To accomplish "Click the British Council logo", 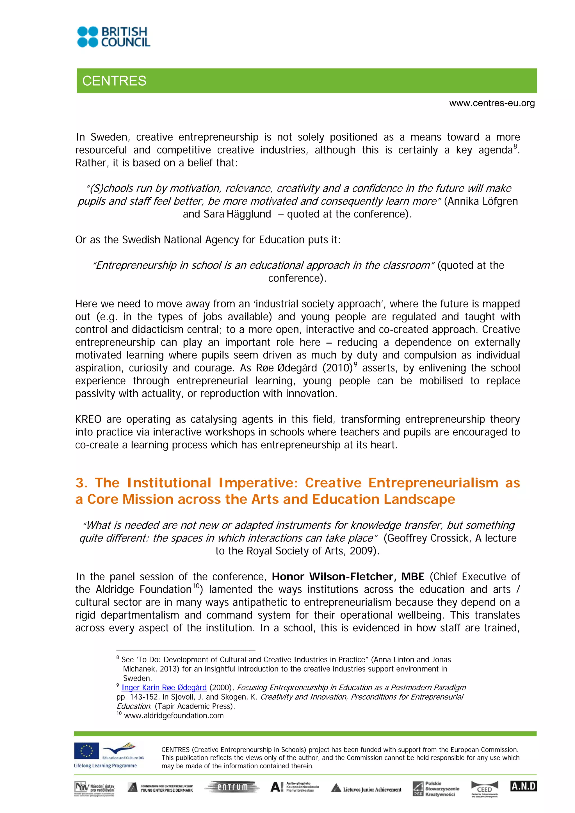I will [x=114, y=37].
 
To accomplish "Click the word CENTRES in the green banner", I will [x=114, y=81].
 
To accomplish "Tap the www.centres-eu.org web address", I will [x=492, y=103].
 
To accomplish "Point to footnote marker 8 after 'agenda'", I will [x=515, y=146].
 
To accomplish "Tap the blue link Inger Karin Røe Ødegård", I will [x=164, y=687].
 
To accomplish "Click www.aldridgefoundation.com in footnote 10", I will [x=174, y=715].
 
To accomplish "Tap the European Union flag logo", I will [x=86, y=751].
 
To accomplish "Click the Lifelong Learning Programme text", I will [x=105, y=766].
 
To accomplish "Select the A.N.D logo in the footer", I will [x=523, y=786].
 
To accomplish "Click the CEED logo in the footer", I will [x=484, y=789].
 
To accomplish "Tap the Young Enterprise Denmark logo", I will [x=160, y=788].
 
